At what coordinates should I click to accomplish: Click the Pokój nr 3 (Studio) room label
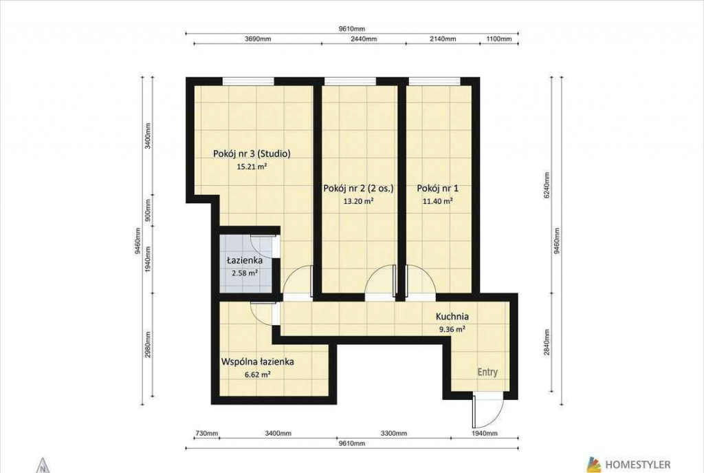(252, 154)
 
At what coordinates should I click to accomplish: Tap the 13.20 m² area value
(358, 202)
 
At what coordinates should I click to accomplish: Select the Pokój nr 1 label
(437, 189)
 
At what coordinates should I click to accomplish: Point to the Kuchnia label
(452, 317)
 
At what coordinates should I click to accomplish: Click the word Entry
(487, 372)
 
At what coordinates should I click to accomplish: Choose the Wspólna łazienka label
(258, 361)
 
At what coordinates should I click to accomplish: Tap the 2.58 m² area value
(244, 273)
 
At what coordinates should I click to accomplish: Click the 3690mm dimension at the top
(258, 39)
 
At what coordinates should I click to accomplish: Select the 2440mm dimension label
(363, 39)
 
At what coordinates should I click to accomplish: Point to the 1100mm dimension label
(499, 39)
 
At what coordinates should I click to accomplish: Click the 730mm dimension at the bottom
(206, 434)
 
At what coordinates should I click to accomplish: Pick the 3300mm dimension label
(394, 434)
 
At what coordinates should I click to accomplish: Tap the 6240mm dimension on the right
(547, 186)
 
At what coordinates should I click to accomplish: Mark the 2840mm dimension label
(547, 342)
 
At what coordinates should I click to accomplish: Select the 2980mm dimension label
(148, 344)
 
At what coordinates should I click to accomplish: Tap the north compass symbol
(43, 466)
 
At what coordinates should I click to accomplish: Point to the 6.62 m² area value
(258, 374)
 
